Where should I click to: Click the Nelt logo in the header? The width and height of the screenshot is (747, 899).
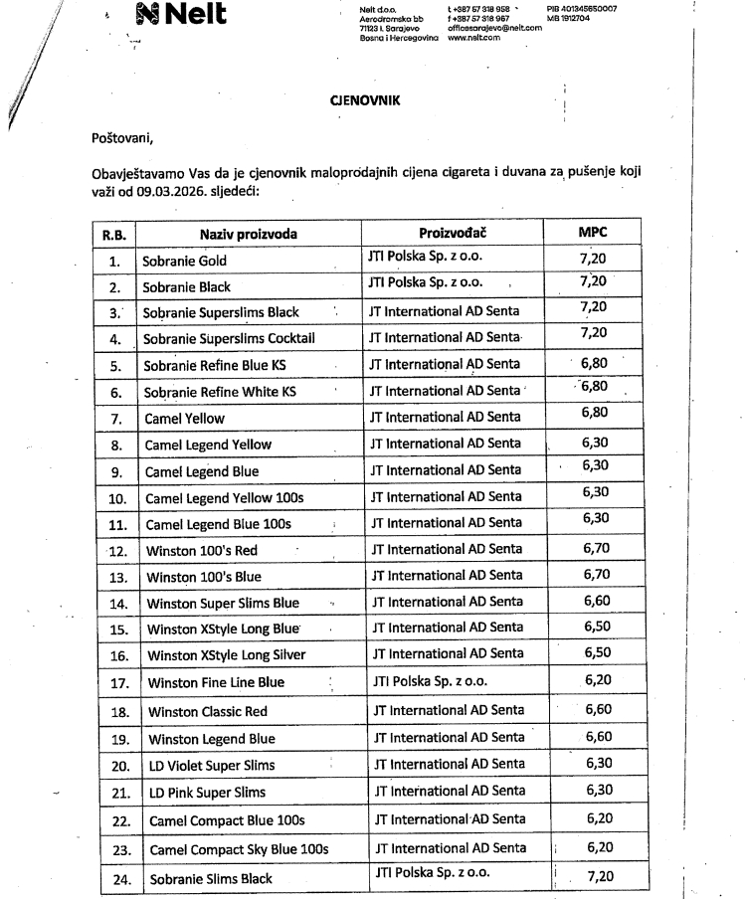[180, 14]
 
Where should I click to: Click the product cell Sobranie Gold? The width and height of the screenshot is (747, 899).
[185, 261]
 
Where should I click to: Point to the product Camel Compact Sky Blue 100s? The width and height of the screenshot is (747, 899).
[239, 849]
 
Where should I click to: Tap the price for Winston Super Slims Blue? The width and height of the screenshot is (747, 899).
[599, 601]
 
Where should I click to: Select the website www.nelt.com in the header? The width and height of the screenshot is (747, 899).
[472, 37]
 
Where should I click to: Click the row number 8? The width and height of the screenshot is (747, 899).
[115, 445]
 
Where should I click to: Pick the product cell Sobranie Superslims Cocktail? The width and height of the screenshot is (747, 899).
[229, 338]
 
